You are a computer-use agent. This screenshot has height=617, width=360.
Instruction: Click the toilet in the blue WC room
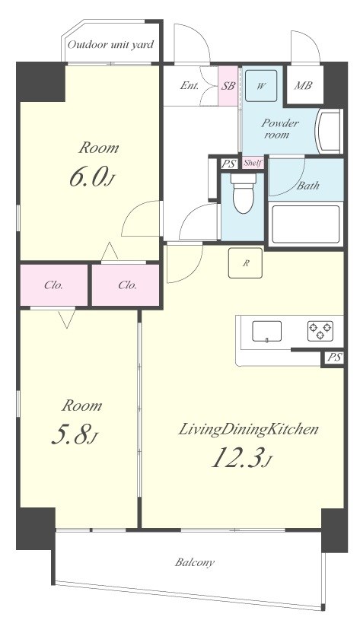pos(244,192)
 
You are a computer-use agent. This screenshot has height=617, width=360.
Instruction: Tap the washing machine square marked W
pos(261,86)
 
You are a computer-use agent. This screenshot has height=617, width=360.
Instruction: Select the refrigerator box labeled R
pos(246,263)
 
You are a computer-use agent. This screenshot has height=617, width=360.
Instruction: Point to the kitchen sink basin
pos(266,331)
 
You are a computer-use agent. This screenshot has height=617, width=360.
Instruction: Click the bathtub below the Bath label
pos(306,224)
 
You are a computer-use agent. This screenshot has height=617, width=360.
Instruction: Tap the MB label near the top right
pos(303,85)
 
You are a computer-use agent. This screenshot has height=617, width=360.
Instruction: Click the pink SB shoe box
pos(228,86)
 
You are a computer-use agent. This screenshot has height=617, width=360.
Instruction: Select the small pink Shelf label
pos(253,163)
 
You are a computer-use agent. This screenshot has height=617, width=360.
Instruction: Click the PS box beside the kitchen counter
pos(334,358)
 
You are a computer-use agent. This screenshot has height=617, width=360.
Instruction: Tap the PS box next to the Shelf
pos(228,164)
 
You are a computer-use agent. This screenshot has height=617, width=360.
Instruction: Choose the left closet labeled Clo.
pos(54,285)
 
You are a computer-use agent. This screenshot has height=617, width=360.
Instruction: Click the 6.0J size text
pos(91,178)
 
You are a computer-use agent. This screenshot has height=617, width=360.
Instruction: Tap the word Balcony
pos(195,563)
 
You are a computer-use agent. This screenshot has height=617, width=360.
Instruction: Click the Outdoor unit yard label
pos(110,45)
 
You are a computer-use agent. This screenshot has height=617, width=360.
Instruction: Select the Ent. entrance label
pos(190,86)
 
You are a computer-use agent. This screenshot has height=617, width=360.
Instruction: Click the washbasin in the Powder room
pos(329,132)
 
